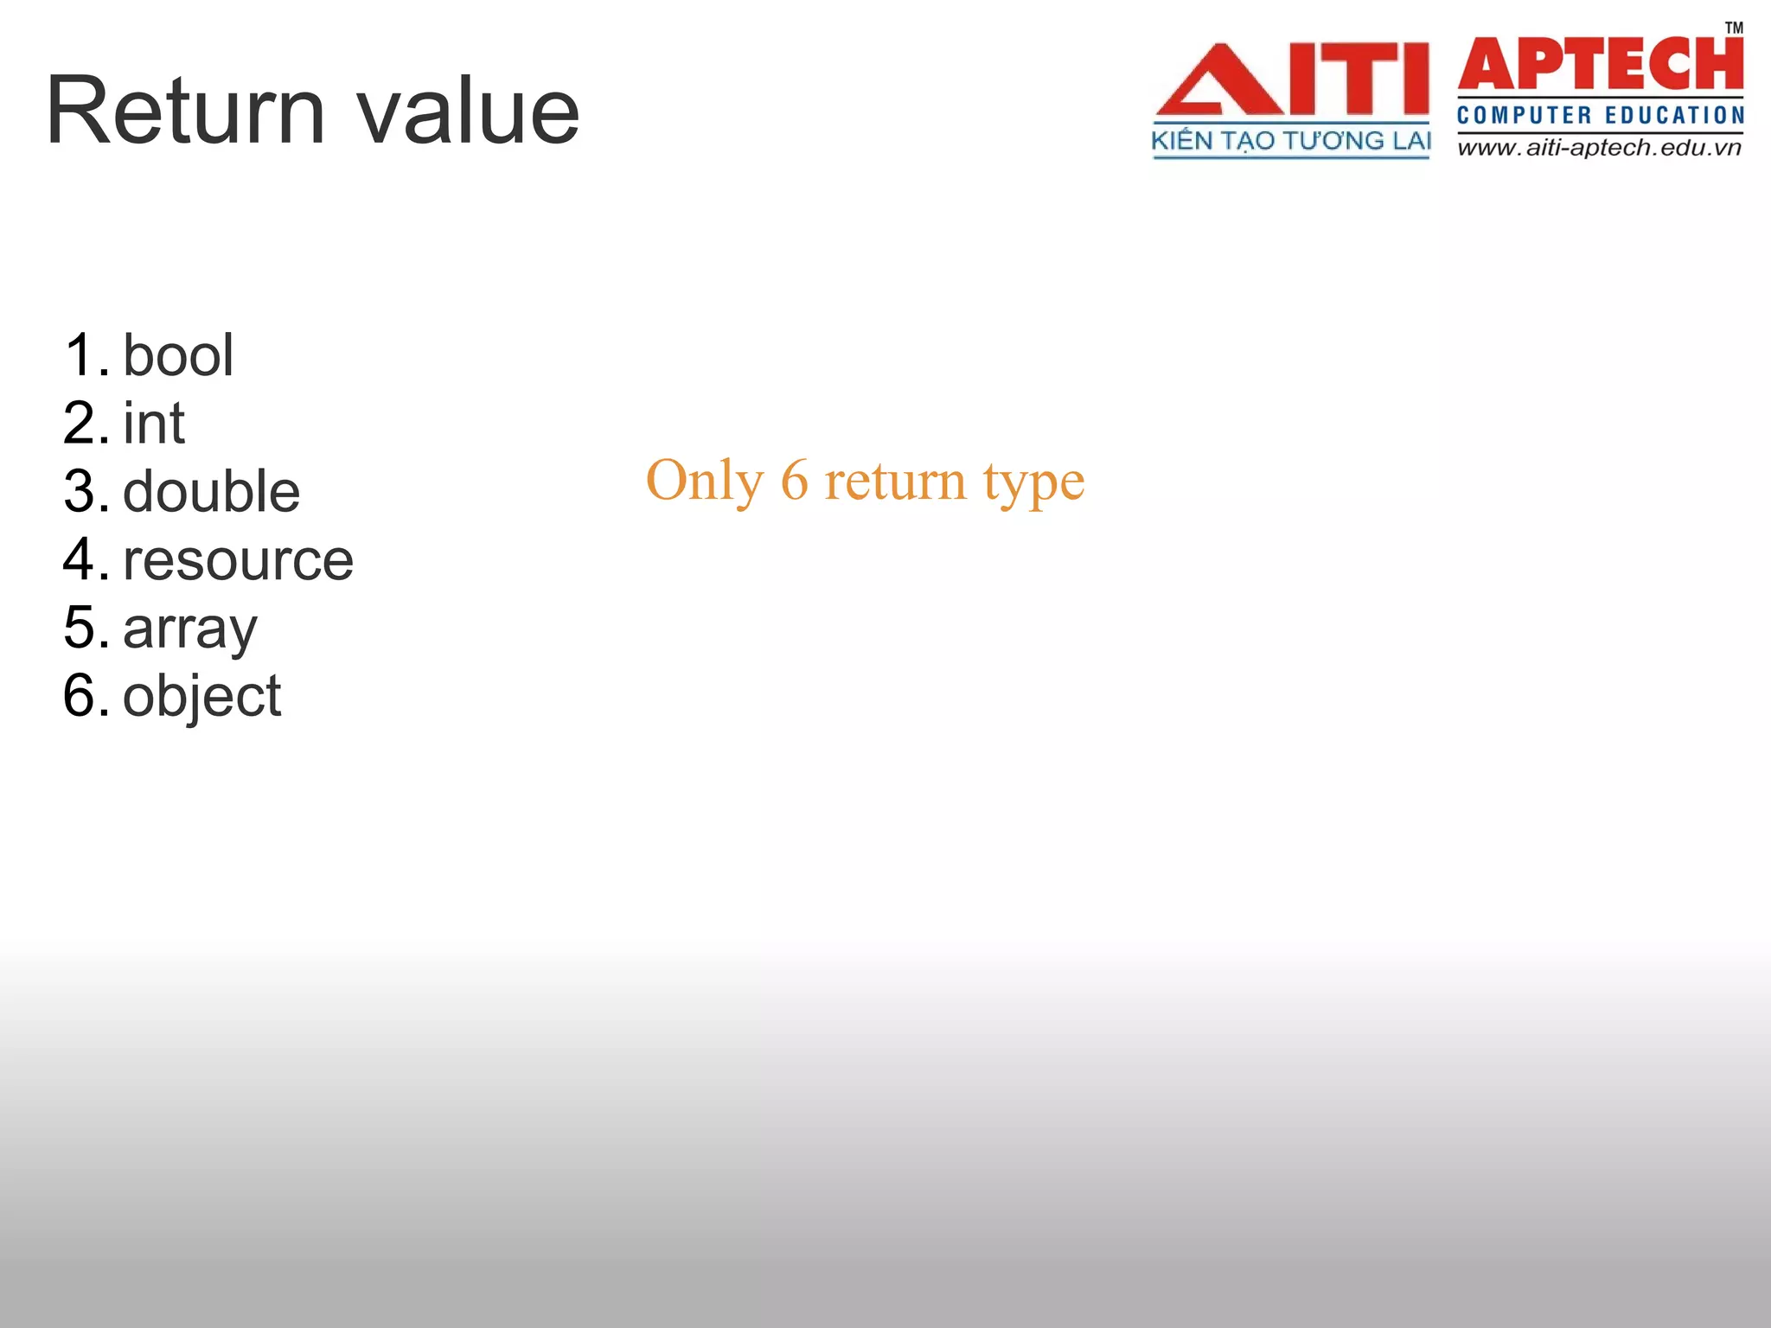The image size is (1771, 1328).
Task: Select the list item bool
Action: pos(178,355)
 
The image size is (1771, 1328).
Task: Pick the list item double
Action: pos(212,491)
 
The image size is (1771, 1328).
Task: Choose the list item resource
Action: pos(239,559)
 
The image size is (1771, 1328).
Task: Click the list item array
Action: pos(190,629)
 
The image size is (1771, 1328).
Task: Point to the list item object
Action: pos(202,696)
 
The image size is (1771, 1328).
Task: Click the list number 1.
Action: pos(85,355)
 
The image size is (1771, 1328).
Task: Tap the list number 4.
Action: pos(85,559)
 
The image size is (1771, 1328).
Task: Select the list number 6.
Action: pos(85,696)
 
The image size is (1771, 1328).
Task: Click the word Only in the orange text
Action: pos(705,481)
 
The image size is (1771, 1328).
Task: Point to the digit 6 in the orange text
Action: pos(794,481)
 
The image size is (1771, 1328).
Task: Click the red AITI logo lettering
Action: pos(1292,80)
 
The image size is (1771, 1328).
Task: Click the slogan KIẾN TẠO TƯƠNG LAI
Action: pos(1291,141)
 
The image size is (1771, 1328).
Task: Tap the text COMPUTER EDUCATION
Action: pos(1601,115)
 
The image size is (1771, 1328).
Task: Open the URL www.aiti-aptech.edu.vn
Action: pos(1599,148)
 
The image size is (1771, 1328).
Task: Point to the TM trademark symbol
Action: pos(1734,28)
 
